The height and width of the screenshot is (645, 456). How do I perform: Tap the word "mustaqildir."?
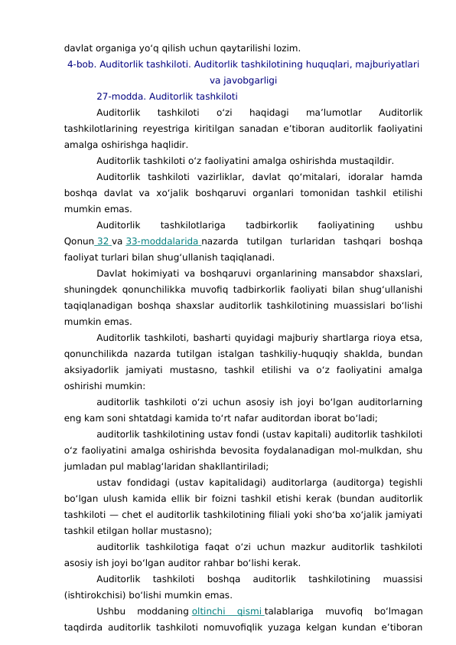366,161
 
